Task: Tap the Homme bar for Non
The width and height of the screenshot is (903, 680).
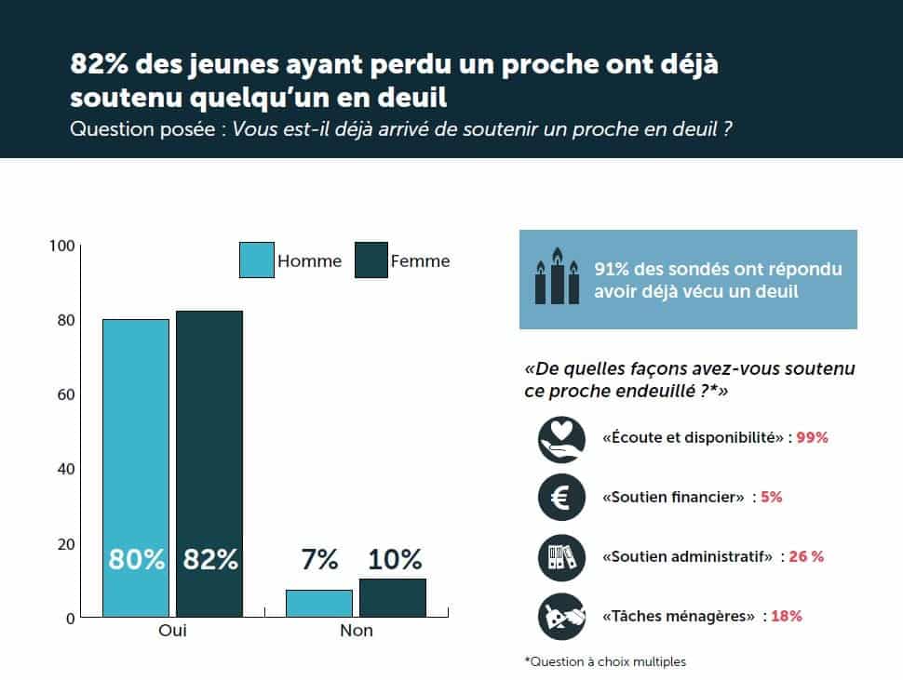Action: pyautogui.click(x=319, y=603)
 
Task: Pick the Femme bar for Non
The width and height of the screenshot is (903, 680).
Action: pyautogui.click(x=392, y=597)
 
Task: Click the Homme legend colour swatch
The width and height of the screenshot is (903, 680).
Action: pyautogui.click(x=256, y=260)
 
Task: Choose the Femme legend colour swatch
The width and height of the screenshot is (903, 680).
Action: pyautogui.click(x=371, y=260)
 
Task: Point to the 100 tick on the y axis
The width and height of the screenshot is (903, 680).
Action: pyautogui.click(x=61, y=246)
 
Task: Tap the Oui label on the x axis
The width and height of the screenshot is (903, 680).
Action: pyautogui.click(x=172, y=631)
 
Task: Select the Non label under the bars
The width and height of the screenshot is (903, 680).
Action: pyautogui.click(x=356, y=631)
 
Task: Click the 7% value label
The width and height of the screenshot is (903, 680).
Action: pyautogui.click(x=319, y=560)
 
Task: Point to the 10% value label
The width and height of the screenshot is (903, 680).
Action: pyautogui.click(x=394, y=560)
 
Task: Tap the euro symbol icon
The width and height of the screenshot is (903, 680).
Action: pyautogui.click(x=561, y=497)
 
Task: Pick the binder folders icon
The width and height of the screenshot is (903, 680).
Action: pyautogui.click(x=561, y=557)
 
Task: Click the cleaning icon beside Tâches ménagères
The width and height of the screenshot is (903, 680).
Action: pyautogui.click(x=561, y=616)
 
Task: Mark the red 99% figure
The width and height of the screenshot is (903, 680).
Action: pyautogui.click(x=812, y=437)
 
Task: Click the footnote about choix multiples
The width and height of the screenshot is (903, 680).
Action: pyautogui.click(x=605, y=661)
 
